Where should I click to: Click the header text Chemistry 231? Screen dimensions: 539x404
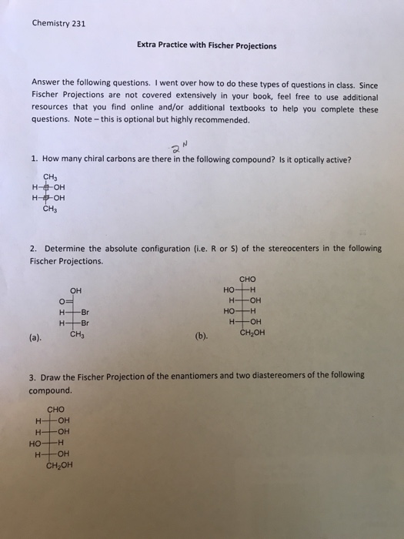coord(58,23)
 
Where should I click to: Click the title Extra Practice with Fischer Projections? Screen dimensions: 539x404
coord(206,45)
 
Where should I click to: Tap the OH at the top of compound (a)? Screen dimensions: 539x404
coord(75,290)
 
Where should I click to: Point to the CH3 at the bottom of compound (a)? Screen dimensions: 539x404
coord(77,334)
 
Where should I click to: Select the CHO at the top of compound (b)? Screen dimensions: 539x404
coord(248,280)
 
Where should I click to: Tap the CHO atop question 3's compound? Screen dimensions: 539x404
coord(56,410)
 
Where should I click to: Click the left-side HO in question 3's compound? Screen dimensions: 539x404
coord(35,444)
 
